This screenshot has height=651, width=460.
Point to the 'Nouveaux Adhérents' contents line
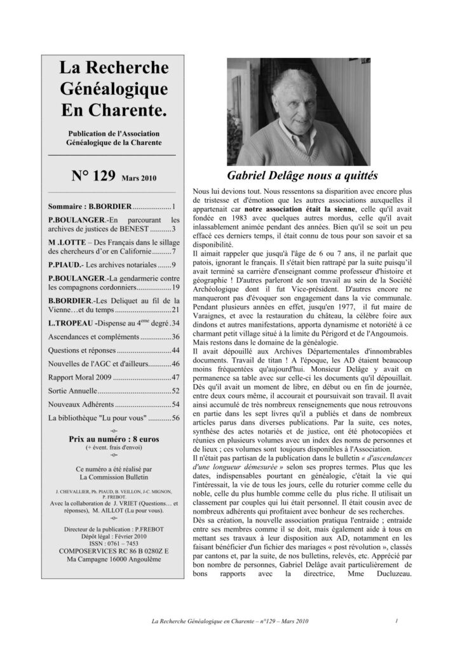(x=79, y=404)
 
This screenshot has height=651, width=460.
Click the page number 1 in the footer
(x=395, y=620)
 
